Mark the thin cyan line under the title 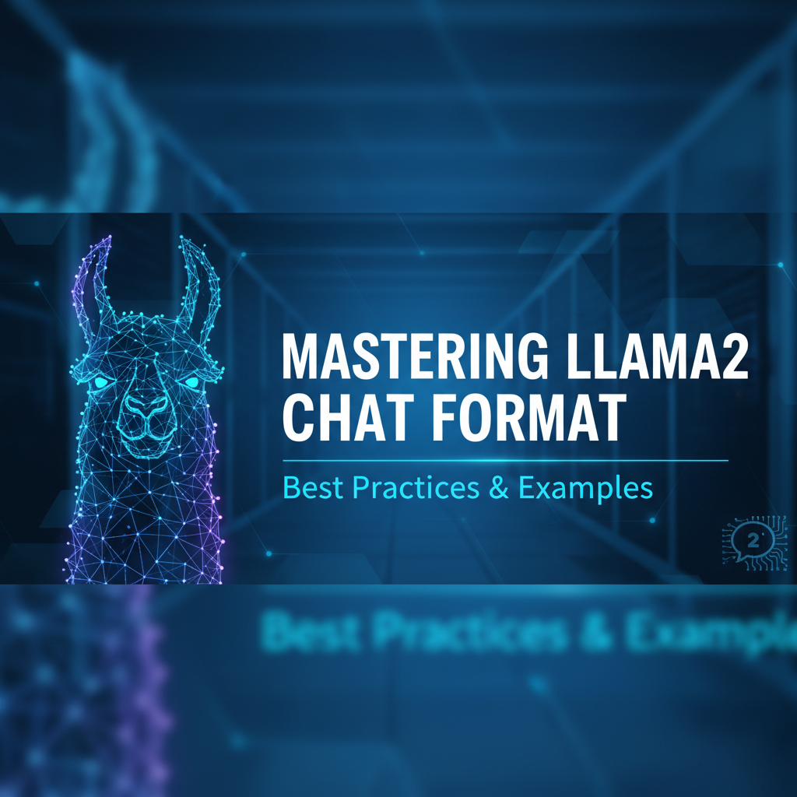506,461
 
